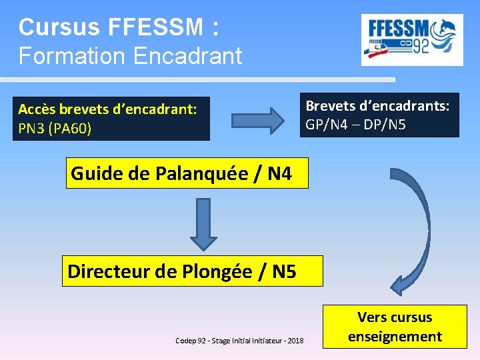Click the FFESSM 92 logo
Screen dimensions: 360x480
point(412,40)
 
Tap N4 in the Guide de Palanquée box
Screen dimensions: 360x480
point(279,174)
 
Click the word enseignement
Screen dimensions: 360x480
point(395,337)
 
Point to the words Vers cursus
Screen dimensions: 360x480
point(395,317)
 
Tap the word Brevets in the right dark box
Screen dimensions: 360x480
point(331,105)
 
